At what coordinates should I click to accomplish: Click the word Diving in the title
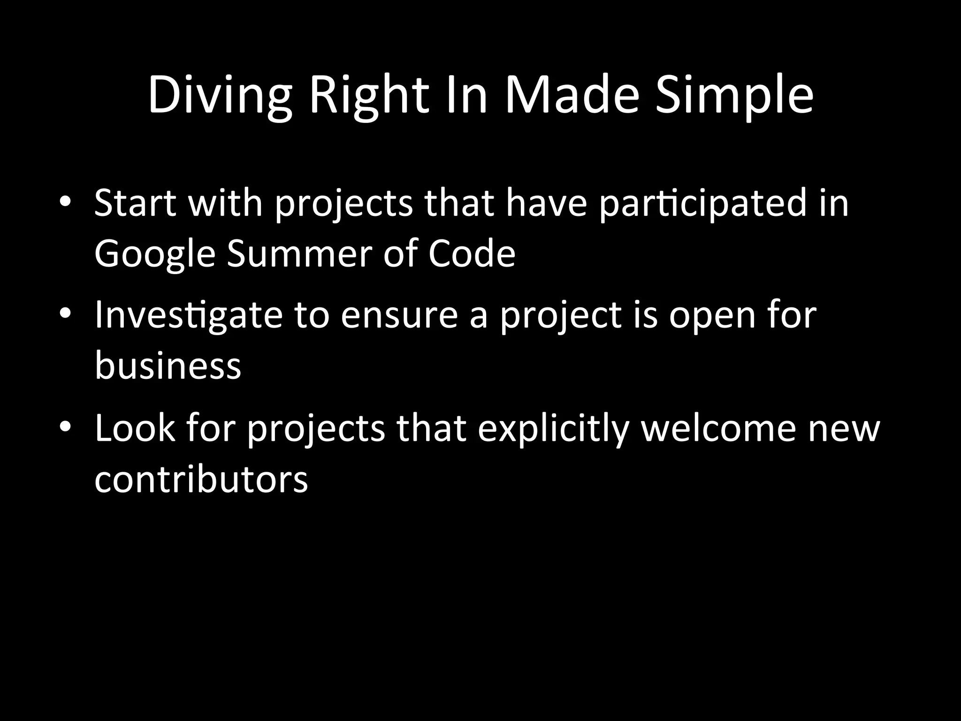(x=220, y=96)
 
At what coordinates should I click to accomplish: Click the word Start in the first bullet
(x=135, y=203)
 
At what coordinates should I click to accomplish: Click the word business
(x=168, y=365)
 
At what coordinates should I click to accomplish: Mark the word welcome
(x=718, y=428)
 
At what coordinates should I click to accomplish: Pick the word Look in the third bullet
(x=135, y=428)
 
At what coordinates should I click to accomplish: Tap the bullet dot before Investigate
(x=65, y=313)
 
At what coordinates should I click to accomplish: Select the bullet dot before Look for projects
(x=65, y=426)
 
